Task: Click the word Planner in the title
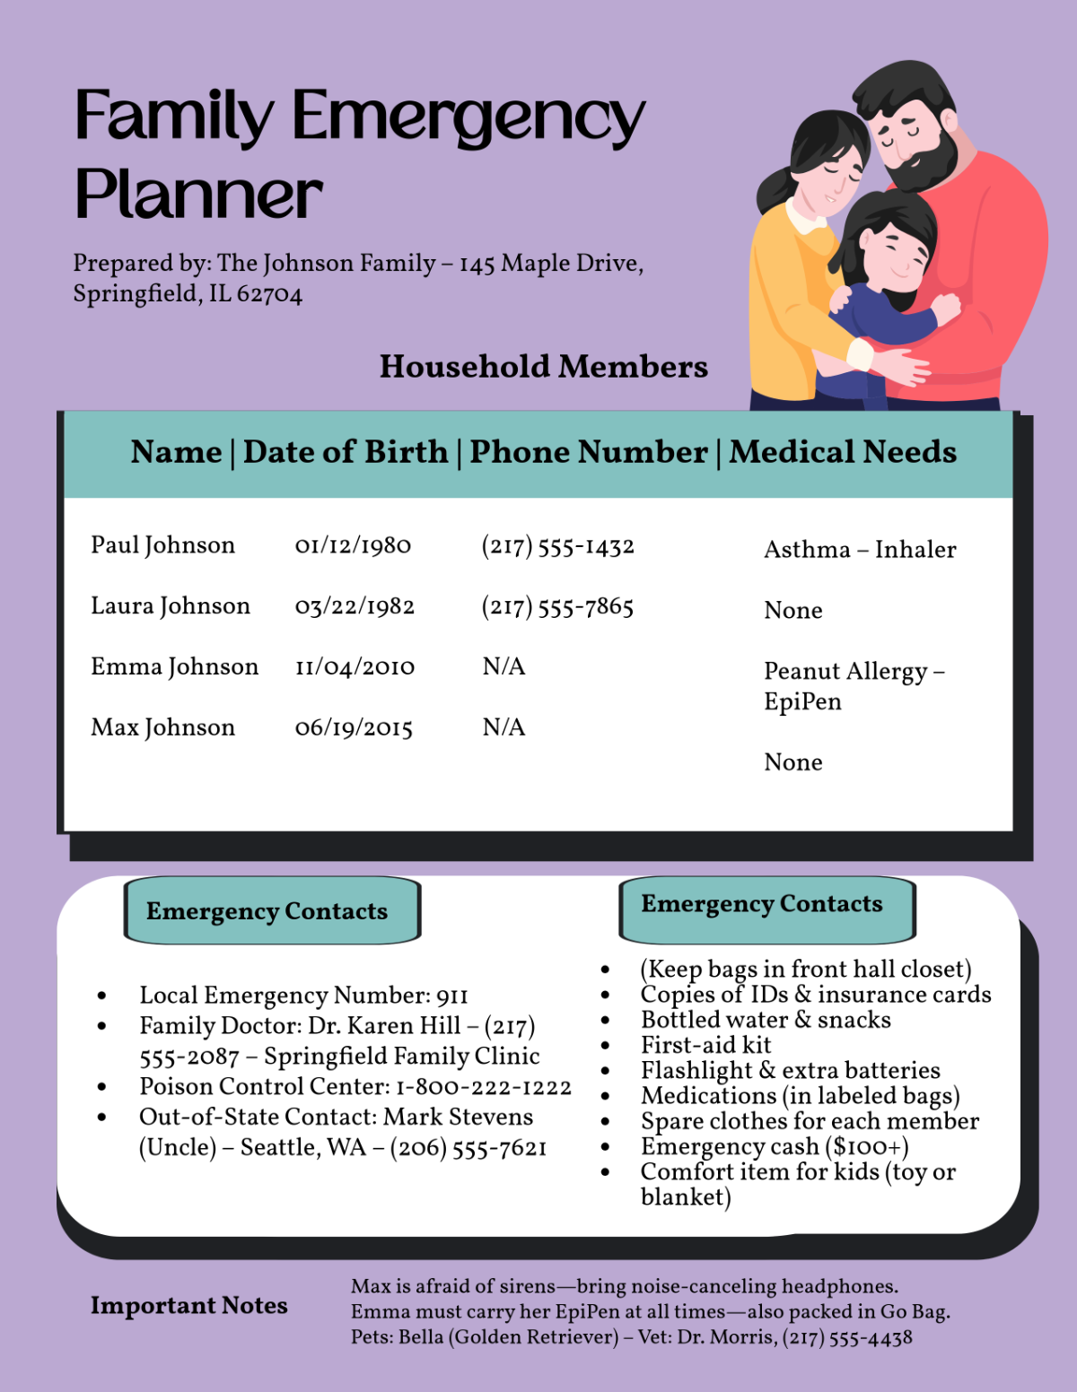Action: (x=198, y=194)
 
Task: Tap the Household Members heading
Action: (x=543, y=367)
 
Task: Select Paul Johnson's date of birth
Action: (x=353, y=545)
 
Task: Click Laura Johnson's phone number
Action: (x=557, y=607)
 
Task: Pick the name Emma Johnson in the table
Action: (x=174, y=667)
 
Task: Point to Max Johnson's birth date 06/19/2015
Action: (x=354, y=728)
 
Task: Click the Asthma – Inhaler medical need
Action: (x=860, y=550)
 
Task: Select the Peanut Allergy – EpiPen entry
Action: (x=853, y=686)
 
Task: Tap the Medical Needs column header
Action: (x=843, y=452)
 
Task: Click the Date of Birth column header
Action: (x=346, y=452)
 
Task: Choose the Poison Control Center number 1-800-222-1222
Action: (x=483, y=1087)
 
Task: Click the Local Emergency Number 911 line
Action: (x=303, y=996)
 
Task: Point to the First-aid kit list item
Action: (x=705, y=1045)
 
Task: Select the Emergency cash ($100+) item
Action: (x=774, y=1146)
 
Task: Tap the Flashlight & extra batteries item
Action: (x=790, y=1071)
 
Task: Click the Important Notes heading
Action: (x=188, y=1306)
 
